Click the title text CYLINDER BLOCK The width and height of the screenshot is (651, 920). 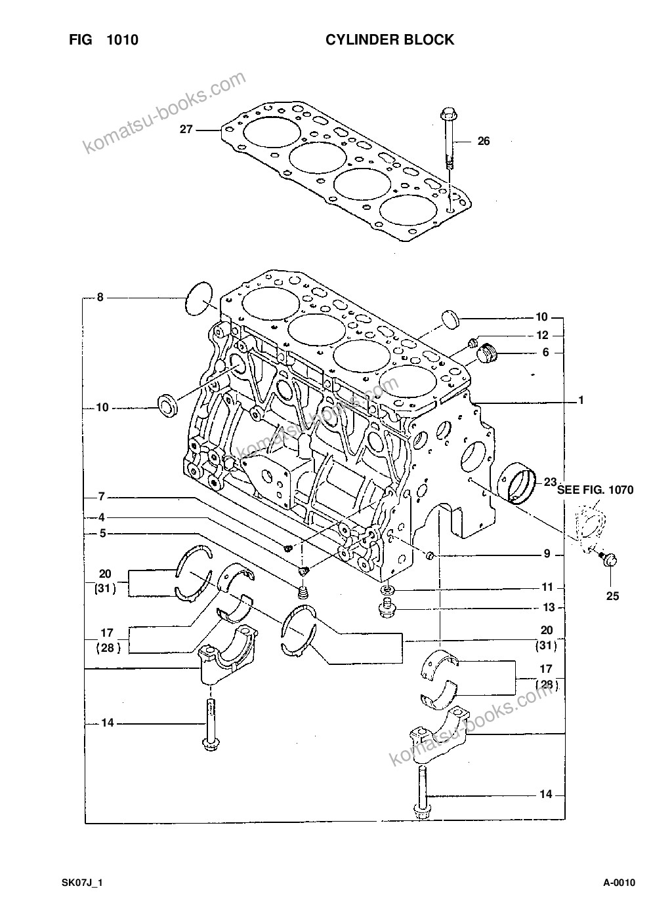(390, 40)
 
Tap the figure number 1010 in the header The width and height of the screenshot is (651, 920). (122, 40)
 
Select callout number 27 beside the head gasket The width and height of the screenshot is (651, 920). (186, 129)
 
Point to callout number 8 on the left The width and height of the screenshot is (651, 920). (100, 297)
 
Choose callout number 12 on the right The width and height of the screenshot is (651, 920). (543, 335)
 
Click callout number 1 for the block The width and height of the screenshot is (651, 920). (581, 399)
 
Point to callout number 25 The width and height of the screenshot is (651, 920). (612, 596)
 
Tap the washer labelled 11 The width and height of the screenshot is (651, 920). (387, 590)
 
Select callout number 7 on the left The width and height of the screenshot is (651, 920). (101, 497)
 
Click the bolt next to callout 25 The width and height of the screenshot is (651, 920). (608, 559)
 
